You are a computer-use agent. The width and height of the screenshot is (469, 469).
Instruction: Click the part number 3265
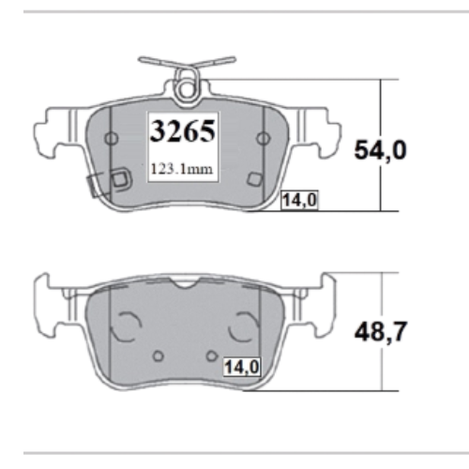point(183,131)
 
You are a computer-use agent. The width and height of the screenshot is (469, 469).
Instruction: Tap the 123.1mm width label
point(182,169)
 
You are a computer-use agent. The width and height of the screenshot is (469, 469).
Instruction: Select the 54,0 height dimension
point(380,151)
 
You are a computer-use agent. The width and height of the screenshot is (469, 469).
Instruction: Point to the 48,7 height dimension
point(381,332)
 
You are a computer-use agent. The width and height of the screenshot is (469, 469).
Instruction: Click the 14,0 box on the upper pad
point(299,200)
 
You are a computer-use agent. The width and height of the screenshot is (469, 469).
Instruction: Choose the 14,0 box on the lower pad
point(242,367)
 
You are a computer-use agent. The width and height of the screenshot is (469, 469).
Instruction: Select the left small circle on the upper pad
point(112,138)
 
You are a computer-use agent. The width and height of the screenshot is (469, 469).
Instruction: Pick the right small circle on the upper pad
point(264,138)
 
